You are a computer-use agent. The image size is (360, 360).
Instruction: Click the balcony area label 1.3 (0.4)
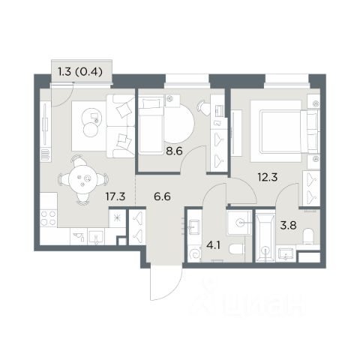click(x=80, y=72)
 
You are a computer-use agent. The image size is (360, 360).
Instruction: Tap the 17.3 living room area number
click(x=115, y=196)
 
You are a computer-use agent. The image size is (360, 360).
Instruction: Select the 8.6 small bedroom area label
click(x=175, y=151)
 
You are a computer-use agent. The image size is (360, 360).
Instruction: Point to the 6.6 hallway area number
click(x=162, y=196)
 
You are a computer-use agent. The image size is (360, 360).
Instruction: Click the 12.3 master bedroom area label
click(x=268, y=177)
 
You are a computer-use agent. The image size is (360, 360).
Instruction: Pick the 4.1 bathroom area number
click(x=213, y=245)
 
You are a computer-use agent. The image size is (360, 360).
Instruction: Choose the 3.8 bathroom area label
click(x=288, y=226)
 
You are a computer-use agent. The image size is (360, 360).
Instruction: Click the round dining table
click(x=82, y=179)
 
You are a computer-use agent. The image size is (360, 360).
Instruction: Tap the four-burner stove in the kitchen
click(x=49, y=218)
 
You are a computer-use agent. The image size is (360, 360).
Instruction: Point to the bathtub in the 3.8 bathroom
click(x=265, y=236)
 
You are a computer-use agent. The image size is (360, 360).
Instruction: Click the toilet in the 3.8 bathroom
click(x=308, y=236)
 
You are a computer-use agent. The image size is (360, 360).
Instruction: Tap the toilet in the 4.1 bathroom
click(x=237, y=250)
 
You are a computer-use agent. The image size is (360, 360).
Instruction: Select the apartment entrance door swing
click(x=166, y=283)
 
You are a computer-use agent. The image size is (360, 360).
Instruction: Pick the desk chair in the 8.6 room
click(x=204, y=108)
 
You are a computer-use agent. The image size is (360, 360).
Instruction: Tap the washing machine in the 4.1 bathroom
click(x=194, y=253)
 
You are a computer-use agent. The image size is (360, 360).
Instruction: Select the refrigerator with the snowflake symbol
click(x=117, y=218)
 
